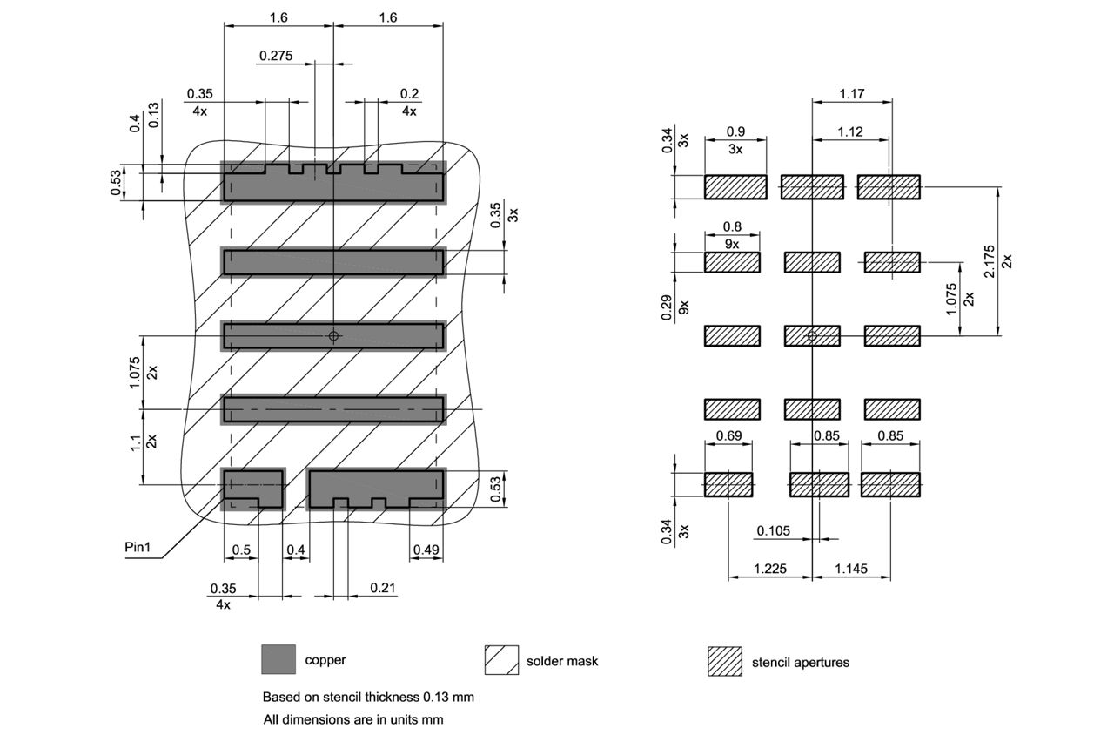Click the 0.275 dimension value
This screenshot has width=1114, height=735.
pyautogui.click(x=275, y=56)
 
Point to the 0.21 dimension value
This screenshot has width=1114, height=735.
pyautogui.click(x=383, y=588)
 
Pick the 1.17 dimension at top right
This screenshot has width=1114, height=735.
pyautogui.click(x=851, y=93)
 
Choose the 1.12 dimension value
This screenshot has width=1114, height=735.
pyautogui.click(x=850, y=131)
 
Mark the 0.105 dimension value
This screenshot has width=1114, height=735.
pyautogui.click(x=773, y=530)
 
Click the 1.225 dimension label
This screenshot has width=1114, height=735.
pyautogui.click(x=769, y=569)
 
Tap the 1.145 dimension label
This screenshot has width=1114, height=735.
pyautogui.click(x=850, y=569)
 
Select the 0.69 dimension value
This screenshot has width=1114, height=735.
pyautogui.click(x=728, y=435)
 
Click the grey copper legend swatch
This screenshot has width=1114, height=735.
pyautogui.click(x=278, y=659)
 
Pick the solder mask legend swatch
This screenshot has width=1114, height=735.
pyautogui.click(x=501, y=660)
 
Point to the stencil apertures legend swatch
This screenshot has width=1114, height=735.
pyautogui.click(x=725, y=661)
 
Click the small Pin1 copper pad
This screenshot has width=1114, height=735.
pyautogui.click(x=253, y=486)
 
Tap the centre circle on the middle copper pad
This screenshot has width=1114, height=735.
pyautogui.click(x=333, y=336)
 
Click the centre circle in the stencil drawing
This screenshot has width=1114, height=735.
pyautogui.click(x=812, y=335)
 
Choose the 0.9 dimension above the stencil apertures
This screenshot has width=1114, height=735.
pyautogui.click(x=735, y=131)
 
